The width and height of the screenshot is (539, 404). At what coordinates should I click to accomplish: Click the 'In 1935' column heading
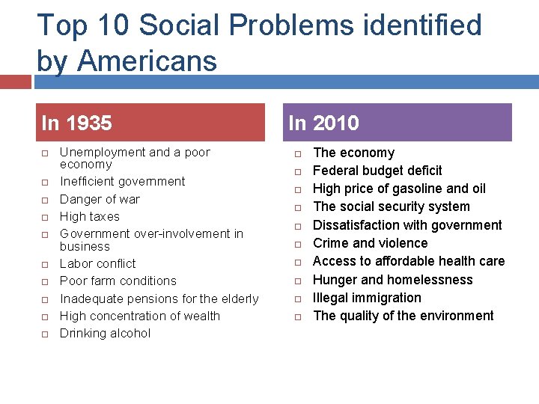77,123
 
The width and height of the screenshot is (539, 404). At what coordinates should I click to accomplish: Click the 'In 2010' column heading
324,123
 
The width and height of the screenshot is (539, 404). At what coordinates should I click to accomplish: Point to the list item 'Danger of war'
100,199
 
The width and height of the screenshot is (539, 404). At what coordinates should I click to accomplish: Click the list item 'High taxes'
89,216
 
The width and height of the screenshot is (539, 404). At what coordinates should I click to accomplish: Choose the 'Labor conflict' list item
97,263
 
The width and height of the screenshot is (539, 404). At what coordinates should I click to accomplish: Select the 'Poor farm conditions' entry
118,281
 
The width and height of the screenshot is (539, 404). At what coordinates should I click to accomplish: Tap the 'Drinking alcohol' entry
105,333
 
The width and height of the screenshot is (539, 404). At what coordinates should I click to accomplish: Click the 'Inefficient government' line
122,181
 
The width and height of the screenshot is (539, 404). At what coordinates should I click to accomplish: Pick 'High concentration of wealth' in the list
139,316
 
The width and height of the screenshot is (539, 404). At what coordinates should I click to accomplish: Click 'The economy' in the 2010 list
353,153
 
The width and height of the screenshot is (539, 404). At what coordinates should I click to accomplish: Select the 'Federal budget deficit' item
377,171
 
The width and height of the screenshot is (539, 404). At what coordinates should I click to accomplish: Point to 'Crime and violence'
370,243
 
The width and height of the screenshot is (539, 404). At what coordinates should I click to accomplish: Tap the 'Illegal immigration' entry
367,297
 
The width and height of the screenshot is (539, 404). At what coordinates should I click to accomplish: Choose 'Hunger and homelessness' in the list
392,279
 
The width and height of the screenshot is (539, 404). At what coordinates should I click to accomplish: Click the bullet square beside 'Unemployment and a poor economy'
44,153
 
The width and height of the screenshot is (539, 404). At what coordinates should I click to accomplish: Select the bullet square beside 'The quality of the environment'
296,316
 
